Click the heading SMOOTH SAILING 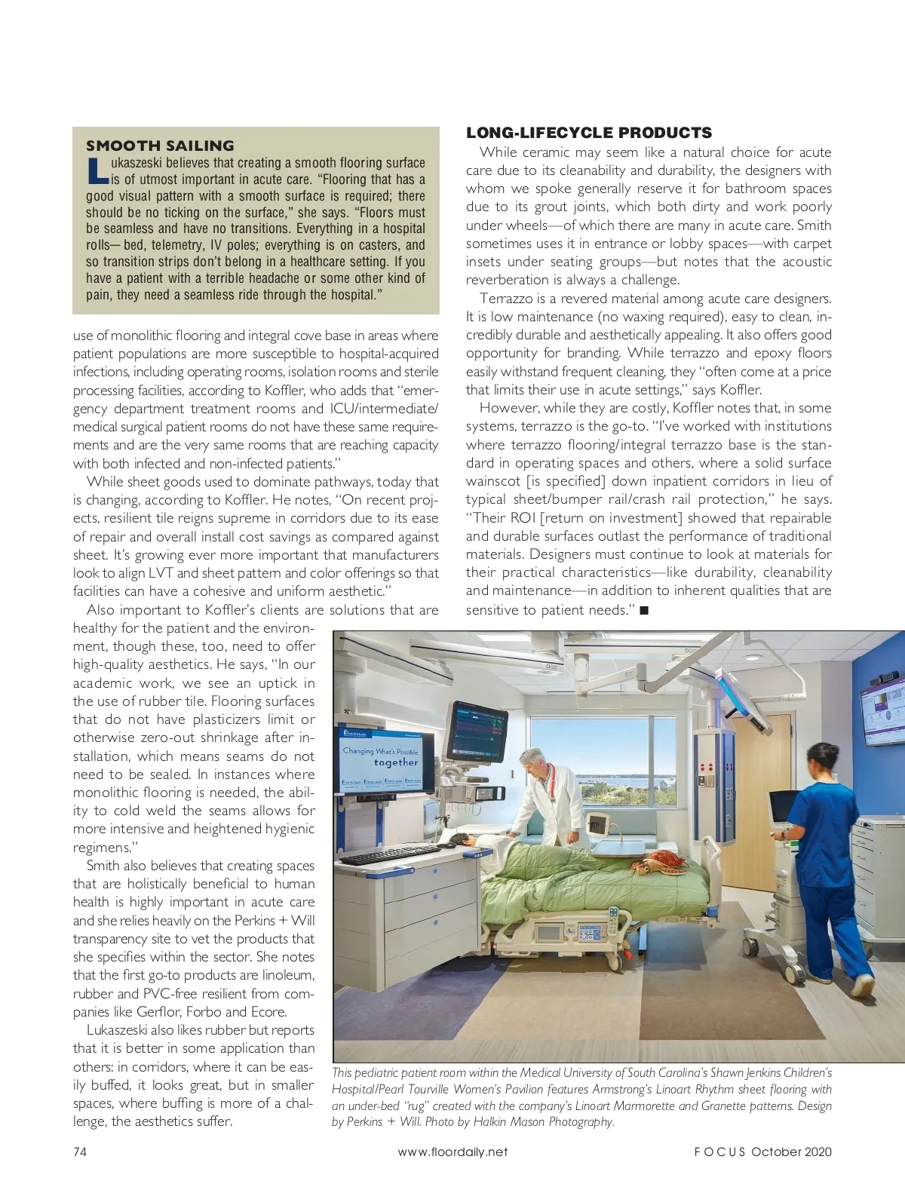[160, 146]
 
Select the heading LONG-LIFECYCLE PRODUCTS [588, 133]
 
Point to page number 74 [80, 1152]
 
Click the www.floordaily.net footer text [452, 1152]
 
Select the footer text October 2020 [791, 1152]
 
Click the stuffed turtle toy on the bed [658, 861]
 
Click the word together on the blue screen [395, 762]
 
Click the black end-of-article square [644, 610]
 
